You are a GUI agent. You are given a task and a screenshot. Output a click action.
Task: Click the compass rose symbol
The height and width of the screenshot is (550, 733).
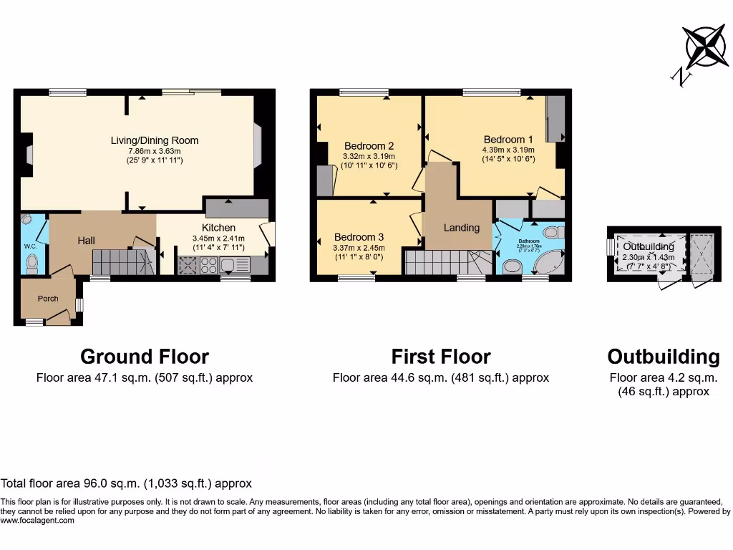(x=705, y=46)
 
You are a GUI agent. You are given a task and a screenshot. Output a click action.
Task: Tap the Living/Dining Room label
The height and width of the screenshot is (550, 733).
(x=154, y=140)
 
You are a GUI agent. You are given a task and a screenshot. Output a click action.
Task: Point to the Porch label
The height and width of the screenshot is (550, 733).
(x=48, y=299)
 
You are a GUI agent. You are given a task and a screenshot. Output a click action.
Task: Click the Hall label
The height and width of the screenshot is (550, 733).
(x=86, y=241)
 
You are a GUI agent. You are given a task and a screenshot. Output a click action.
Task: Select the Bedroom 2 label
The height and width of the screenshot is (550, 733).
(x=369, y=145)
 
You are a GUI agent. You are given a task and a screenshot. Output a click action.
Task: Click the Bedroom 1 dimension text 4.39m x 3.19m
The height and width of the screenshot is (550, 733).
(x=508, y=150)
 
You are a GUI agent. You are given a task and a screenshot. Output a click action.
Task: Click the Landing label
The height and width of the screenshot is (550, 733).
(x=461, y=228)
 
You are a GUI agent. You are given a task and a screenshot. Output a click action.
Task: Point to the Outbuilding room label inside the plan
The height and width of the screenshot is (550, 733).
(x=648, y=246)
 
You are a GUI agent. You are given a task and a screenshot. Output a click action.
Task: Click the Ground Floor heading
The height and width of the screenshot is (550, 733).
(x=145, y=357)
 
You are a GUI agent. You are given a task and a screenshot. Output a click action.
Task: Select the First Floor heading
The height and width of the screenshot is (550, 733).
(x=440, y=357)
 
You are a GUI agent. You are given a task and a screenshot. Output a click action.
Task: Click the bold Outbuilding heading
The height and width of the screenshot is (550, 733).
(x=663, y=357)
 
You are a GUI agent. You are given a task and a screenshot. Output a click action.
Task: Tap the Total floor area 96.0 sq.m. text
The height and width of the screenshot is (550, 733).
(x=126, y=484)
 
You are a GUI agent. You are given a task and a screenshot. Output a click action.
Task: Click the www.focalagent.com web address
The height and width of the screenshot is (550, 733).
(x=37, y=521)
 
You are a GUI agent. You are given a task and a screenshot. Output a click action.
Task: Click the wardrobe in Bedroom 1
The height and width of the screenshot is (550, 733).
(x=555, y=118)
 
